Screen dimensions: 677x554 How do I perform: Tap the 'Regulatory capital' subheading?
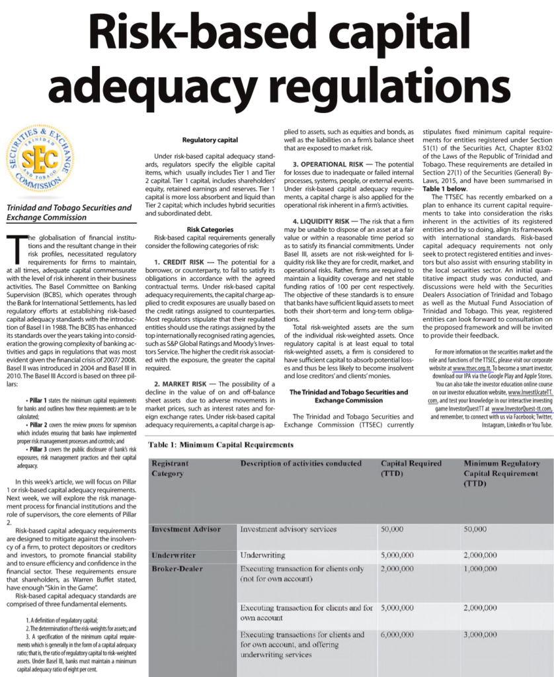click(x=209, y=140)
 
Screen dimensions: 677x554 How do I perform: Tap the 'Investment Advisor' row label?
click(x=186, y=530)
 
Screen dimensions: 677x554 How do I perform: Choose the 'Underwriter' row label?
click(x=173, y=555)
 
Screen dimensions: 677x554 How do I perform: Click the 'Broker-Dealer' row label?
click(x=177, y=569)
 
